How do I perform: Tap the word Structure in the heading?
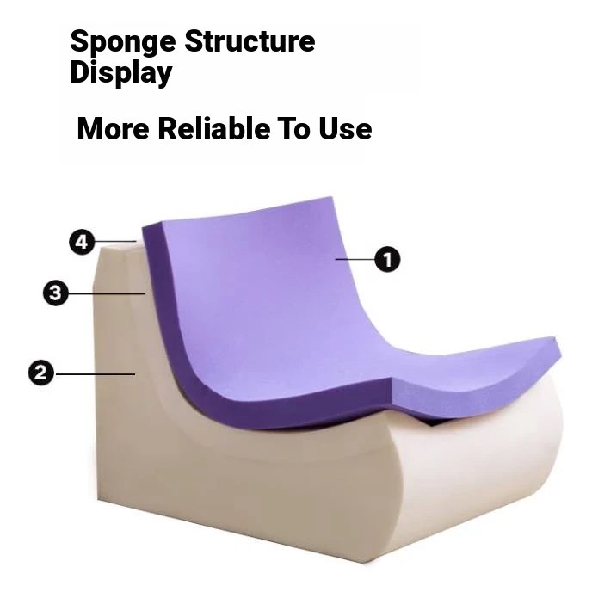point(250,40)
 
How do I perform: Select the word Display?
point(121,73)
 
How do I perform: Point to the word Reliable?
point(214,128)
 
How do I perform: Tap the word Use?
point(345,129)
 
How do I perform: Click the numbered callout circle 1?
point(387,259)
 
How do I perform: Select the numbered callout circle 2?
point(41,373)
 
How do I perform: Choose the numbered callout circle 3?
point(56,293)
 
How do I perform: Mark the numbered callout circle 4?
point(82,242)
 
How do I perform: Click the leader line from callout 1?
point(355,259)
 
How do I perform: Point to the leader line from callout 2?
point(95,374)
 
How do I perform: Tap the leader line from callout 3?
point(107,293)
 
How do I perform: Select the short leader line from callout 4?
point(115,241)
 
